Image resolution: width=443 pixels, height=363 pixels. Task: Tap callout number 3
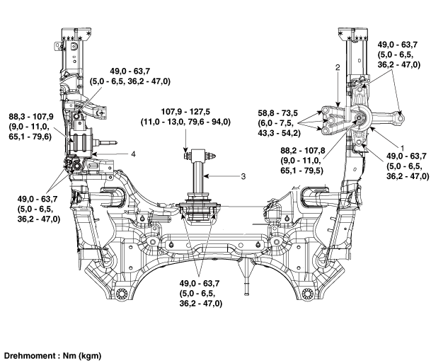tap(243, 175)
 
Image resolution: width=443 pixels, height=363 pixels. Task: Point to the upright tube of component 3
tap(193, 177)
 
